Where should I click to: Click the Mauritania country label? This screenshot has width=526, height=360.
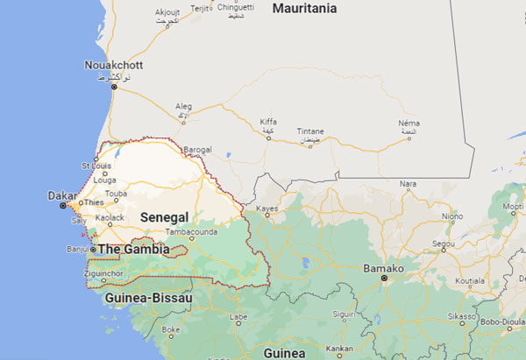click(304, 8)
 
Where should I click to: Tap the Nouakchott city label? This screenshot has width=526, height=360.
click(113, 65)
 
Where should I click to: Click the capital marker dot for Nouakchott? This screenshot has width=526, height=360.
click(114, 87)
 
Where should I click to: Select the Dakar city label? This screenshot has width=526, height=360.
click(58, 197)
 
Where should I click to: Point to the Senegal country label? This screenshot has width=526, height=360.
click(163, 216)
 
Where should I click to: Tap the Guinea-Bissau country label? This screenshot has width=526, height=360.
click(148, 298)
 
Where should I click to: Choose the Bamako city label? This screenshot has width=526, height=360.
click(384, 267)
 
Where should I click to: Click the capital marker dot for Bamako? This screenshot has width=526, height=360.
click(384, 279)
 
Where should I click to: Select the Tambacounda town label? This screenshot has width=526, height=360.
click(191, 232)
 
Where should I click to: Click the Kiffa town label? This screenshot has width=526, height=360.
click(268, 122)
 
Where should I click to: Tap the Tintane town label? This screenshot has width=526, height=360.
click(311, 131)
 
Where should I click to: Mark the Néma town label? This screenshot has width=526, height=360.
click(408, 123)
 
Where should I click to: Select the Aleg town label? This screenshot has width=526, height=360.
click(183, 105)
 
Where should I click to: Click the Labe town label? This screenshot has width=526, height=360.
click(238, 317)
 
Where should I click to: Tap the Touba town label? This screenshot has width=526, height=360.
click(116, 194)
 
